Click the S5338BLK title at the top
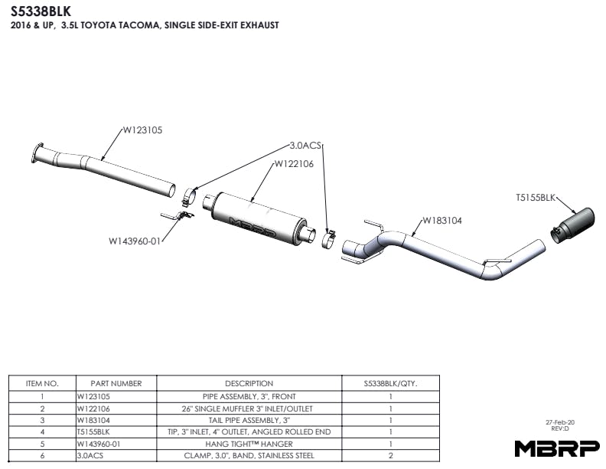(x=41, y=11)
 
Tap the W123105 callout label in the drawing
(x=142, y=130)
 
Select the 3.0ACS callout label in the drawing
(x=305, y=145)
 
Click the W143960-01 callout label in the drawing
(x=134, y=241)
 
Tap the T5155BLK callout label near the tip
(x=536, y=198)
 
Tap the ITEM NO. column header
(x=42, y=383)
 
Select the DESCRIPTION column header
(x=249, y=383)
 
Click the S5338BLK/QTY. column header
(x=390, y=383)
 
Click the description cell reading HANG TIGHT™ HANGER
(x=249, y=444)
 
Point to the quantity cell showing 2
(x=390, y=455)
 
